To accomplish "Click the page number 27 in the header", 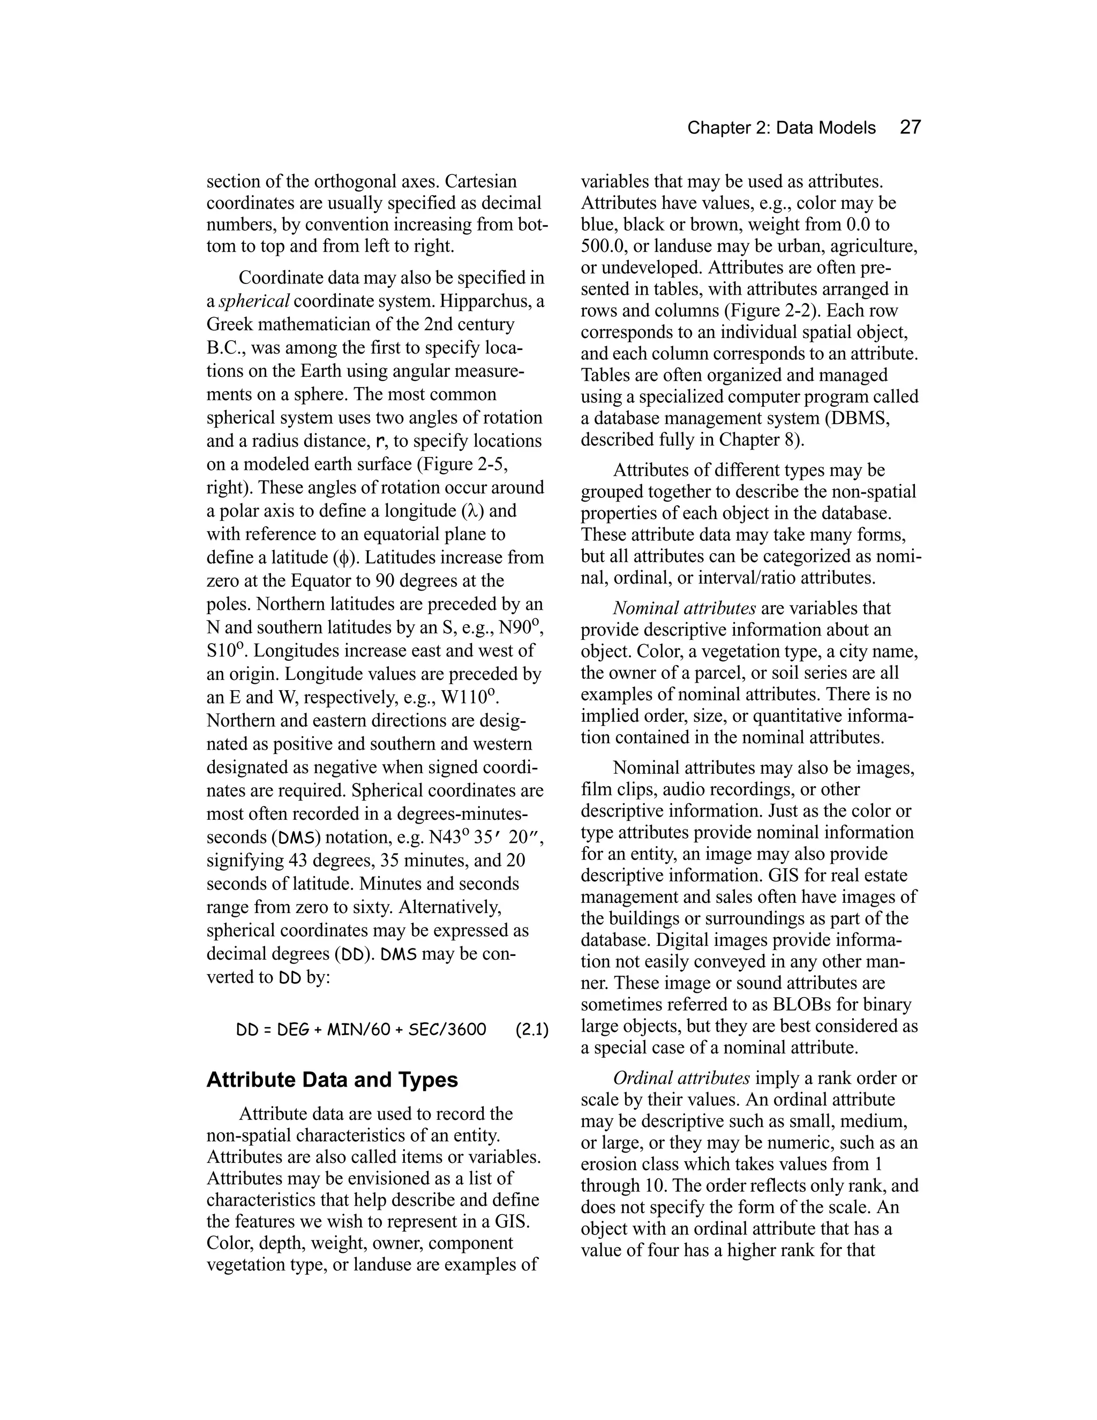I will [x=910, y=128].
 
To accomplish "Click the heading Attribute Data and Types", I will [x=332, y=1080].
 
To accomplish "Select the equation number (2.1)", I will [x=531, y=1030].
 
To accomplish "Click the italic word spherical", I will [x=254, y=302].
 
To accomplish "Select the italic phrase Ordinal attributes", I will [x=681, y=1079].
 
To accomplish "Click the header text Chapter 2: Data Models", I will [x=781, y=128].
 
